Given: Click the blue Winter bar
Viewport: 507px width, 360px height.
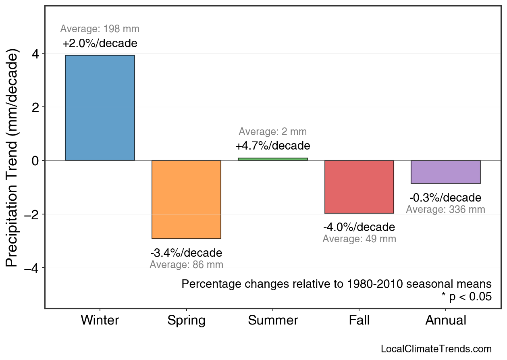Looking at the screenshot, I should click(x=100, y=108).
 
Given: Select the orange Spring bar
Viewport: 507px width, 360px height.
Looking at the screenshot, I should click(x=186, y=200).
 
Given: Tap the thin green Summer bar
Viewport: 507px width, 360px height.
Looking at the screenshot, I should click(x=273, y=159).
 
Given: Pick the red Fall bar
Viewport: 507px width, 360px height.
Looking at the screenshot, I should click(x=359, y=187).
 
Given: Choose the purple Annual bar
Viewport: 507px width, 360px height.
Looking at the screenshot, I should click(x=445, y=172).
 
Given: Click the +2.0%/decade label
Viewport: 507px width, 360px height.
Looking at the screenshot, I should click(x=100, y=43).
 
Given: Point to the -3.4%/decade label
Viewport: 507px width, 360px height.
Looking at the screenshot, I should click(x=186, y=253).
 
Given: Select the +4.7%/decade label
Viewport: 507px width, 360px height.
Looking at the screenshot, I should click(x=273, y=146).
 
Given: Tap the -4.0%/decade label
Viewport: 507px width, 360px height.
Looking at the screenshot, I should click(x=359, y=227).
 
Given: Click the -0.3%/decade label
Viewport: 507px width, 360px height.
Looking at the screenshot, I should click(x=445, y=198).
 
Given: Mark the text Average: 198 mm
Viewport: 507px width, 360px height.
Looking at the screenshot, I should click(x=100, y=29).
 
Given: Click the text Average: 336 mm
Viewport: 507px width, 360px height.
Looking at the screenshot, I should click(x=445, y=210).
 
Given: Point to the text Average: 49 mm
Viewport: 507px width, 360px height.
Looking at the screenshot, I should click(x=359, y=239).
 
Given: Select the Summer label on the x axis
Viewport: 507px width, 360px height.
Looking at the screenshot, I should click(x=273, y=320).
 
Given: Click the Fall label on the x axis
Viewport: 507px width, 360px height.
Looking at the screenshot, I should click(x=359, y=320).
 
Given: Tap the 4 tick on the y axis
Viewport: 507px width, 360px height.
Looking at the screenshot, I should click(x=36, y=54).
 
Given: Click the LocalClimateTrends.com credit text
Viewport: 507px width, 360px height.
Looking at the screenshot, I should click(x=436, y=349).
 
